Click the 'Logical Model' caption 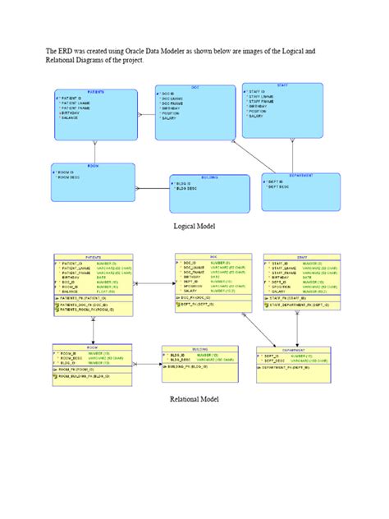click(x=194, y=225)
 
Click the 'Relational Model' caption click(x=194, y=399)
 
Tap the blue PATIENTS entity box click(x=96, y=114)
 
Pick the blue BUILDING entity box click(x=208, y=191)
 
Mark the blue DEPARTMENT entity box click(x=301, y=191)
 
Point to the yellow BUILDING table click(x=199, y=364)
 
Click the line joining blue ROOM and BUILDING click(x=151, y=187)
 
